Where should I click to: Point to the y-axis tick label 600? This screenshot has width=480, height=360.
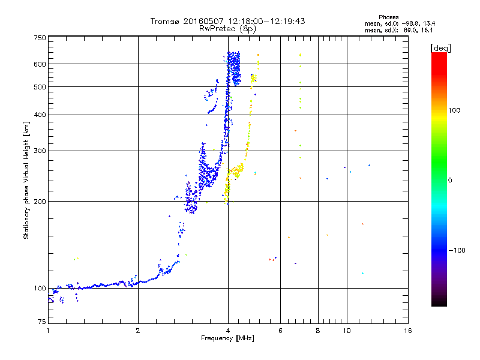coord(40,64)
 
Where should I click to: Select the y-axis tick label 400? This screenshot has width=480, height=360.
coord(40,115)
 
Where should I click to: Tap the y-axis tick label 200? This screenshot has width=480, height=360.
coord(40,201)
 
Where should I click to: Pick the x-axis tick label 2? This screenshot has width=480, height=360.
coord(138,331)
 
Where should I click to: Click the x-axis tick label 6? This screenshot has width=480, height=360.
coord(280,331)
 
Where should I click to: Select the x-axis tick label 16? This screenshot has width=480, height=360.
coord(407,331)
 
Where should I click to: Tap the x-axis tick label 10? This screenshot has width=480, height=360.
coord(346,331)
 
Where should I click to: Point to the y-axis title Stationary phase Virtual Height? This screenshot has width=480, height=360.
coord(26,180)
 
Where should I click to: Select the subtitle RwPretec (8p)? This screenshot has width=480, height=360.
coord(227,28)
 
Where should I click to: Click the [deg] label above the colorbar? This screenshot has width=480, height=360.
coord(441,47)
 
